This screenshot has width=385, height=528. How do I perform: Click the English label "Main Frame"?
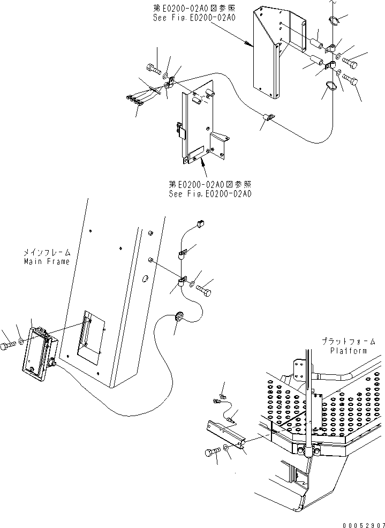(x=47, y=262)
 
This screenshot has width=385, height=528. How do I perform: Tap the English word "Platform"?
(x=349, y=351)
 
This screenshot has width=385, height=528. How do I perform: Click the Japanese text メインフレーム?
(x=47, y=252)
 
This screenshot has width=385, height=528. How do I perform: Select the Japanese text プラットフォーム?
(x=349, y=341)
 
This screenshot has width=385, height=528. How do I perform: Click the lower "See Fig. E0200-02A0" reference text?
(x=209, y=194)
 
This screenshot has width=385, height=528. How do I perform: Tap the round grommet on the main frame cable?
(x=179, y=315)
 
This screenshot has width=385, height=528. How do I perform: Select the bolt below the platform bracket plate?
(x=210, y=452)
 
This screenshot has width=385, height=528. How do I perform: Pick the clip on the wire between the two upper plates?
(x=268, y=117)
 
